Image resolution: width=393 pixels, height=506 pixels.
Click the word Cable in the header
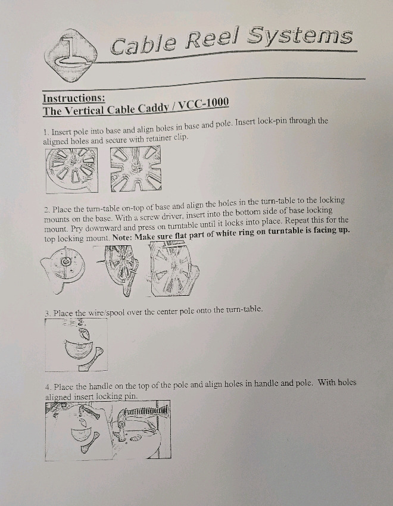click(143, 45)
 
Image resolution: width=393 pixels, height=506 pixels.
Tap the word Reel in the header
click(213, 39)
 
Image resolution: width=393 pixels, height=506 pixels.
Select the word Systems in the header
click(300, 36)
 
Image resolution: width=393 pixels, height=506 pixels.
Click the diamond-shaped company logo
click(71, 55)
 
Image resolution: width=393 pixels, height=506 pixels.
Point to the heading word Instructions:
click(74, 98)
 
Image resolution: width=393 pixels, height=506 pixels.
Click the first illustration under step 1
click(71, 170)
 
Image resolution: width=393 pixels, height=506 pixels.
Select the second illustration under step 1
click(136, 169)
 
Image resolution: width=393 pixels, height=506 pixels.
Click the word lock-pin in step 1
click(272, 121)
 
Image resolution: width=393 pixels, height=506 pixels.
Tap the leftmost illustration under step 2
click(63, 270)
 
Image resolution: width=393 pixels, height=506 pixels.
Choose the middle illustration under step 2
click(118, 270)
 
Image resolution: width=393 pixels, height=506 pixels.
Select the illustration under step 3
click(76, 345)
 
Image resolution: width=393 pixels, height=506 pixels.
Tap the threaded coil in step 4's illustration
click(147, 411)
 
